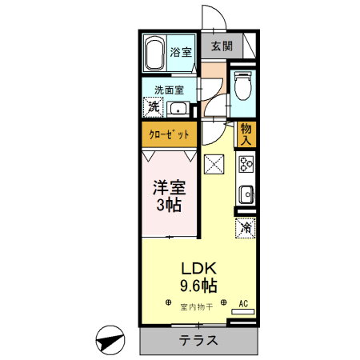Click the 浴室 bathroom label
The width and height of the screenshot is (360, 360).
point(181,53)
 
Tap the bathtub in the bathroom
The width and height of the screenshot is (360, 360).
point(155,54)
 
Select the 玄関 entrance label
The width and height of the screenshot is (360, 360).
point(222,46)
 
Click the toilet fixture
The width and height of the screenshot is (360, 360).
point(244,85)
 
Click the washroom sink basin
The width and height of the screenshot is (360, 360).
point(179,110)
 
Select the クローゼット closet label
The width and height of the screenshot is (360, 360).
point(170,134)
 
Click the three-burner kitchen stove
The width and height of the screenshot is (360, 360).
point(246,166)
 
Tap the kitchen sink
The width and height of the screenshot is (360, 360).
point(246,194)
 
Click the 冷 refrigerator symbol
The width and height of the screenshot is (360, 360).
point(246,228)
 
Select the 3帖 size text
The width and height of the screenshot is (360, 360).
point(168,206)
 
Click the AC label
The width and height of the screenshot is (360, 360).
point(246,304)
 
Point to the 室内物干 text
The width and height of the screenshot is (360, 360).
point(196,306)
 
